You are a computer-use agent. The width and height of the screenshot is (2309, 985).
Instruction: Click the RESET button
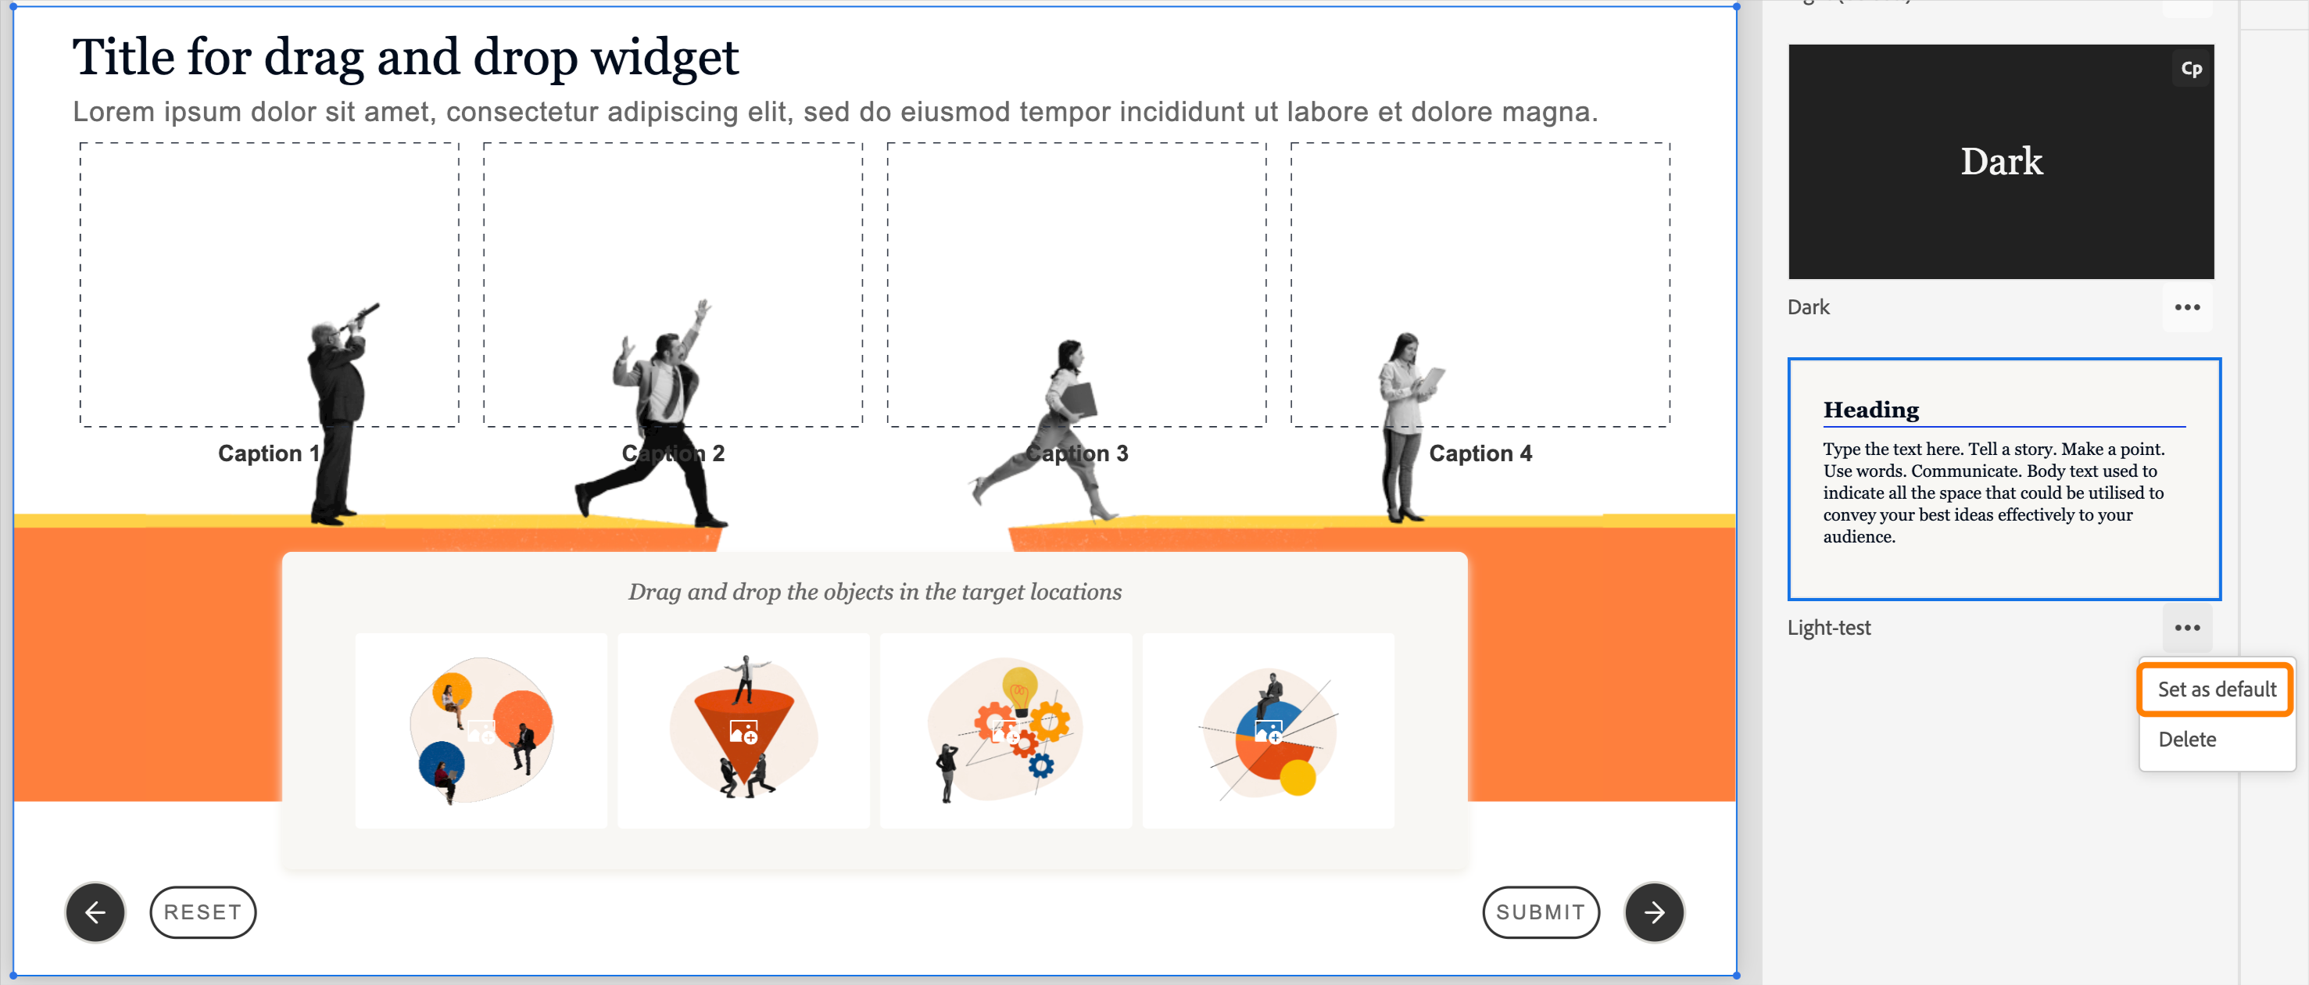202,912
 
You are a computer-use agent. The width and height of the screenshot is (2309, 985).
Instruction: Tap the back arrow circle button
95,912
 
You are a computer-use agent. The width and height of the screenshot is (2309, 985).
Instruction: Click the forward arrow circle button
1654,912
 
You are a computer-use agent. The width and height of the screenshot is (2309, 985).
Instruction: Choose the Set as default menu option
2216,689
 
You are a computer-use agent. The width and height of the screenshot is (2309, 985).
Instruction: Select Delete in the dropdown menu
2187,740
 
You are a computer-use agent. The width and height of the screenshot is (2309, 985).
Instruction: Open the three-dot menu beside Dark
2187,307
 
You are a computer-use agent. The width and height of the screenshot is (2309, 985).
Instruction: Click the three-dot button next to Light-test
2187,628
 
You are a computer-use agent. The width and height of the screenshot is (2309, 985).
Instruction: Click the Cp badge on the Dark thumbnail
2191,69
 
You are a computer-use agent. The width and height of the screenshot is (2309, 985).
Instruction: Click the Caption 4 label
1480,453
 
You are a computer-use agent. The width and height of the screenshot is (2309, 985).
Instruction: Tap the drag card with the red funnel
743,730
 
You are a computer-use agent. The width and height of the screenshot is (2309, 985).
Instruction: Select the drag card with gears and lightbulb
1006,730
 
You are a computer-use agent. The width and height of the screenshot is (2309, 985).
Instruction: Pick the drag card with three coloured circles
481,730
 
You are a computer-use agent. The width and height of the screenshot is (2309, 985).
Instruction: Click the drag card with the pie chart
1269,730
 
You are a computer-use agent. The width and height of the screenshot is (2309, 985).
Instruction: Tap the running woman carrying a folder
1067,421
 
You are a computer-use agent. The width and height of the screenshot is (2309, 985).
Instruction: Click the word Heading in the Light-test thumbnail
1870,410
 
